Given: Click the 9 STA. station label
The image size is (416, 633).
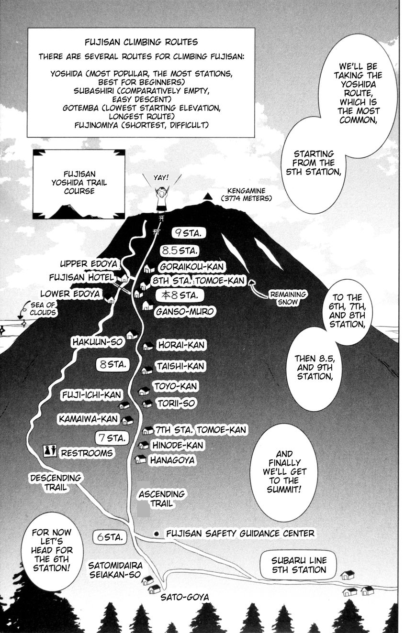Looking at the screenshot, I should (x=189, y=233).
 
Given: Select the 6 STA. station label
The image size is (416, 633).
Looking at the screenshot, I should (x=110, y=537).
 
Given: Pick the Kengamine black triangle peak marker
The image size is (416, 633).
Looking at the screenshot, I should (x=208, y=196).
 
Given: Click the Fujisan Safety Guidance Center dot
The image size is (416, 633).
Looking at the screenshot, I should (x=156, y=533).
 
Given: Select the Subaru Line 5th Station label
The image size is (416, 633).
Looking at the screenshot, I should (x=299, y=565).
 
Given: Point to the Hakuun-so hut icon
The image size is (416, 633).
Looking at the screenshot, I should (x=132, y=335).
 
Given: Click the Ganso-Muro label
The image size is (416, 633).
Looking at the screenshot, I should (x=184, y=312).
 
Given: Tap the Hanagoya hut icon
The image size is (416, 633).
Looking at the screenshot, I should (x=140, y=459).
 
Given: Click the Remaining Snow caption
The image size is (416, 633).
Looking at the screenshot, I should (x=288, y=298).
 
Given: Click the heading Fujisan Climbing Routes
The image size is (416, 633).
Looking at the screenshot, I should (x=141, y=42).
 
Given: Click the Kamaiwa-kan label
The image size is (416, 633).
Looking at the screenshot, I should (x=88, y=419).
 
